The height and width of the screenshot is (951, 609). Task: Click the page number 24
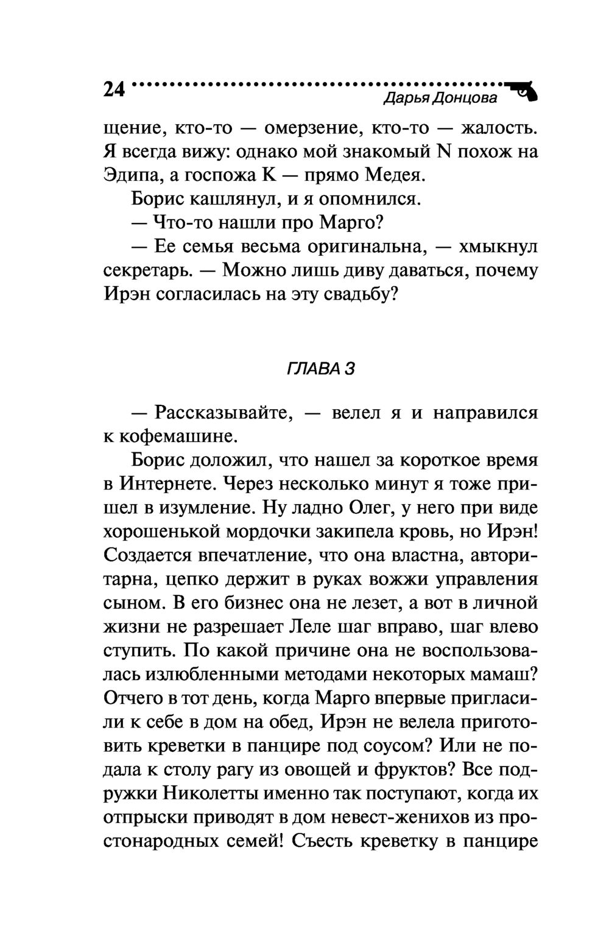(x=114, y=90)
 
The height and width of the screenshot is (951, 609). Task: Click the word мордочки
(x=266, y=532)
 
